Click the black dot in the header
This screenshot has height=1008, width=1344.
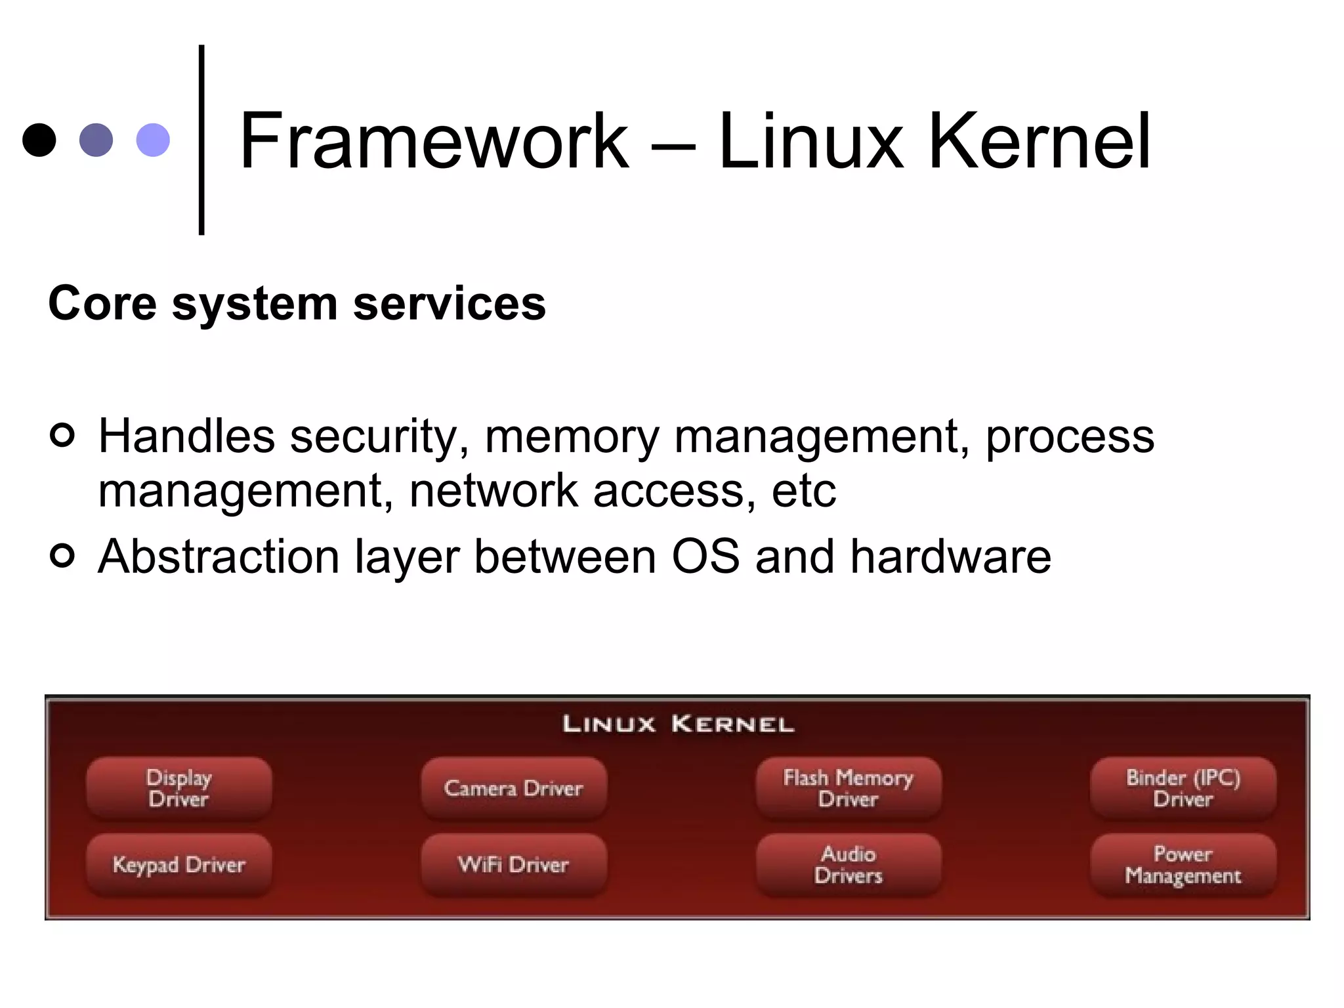pyautogui.click(x=39, y=140)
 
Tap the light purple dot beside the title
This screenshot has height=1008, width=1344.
pyautogui.click(x=153, y=140)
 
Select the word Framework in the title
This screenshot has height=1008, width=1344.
pyautogui.click(x=434, y=141)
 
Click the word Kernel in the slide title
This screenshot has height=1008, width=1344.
pyautogui.click(x=1039, y=141)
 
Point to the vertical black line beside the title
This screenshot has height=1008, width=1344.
pyautogui.click(x=201, y=139)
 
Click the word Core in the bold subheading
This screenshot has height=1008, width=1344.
pyautogui.click(x=102, y=304)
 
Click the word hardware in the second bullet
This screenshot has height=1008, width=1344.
pyautogui.click(x=951, y=556)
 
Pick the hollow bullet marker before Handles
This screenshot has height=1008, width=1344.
pyautogui.click(x=62, y=434)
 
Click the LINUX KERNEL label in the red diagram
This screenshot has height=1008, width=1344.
pyautogui.click(x=679, y=724)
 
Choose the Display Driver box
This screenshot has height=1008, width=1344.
pyautogui.click(x=179, y=788)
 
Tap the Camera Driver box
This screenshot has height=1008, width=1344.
pyautogui.click(x=514, y=788)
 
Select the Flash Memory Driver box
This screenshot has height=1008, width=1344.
pyautogui.click(x=849, y=788)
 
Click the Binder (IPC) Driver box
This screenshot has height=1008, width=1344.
pyautogui.click(x=1183, y=788)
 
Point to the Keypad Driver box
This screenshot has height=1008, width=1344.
pyautogui.click(x=179, y=865)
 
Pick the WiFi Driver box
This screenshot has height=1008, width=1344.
pyautogui.click(x=514, y=865)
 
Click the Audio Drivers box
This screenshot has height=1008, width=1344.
pyautogui.click(x=849, y=865)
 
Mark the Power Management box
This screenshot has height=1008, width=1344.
pyautogui.click(x=1183, y=865)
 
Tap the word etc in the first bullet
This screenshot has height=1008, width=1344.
pyautogui.click(x=804, y=491)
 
